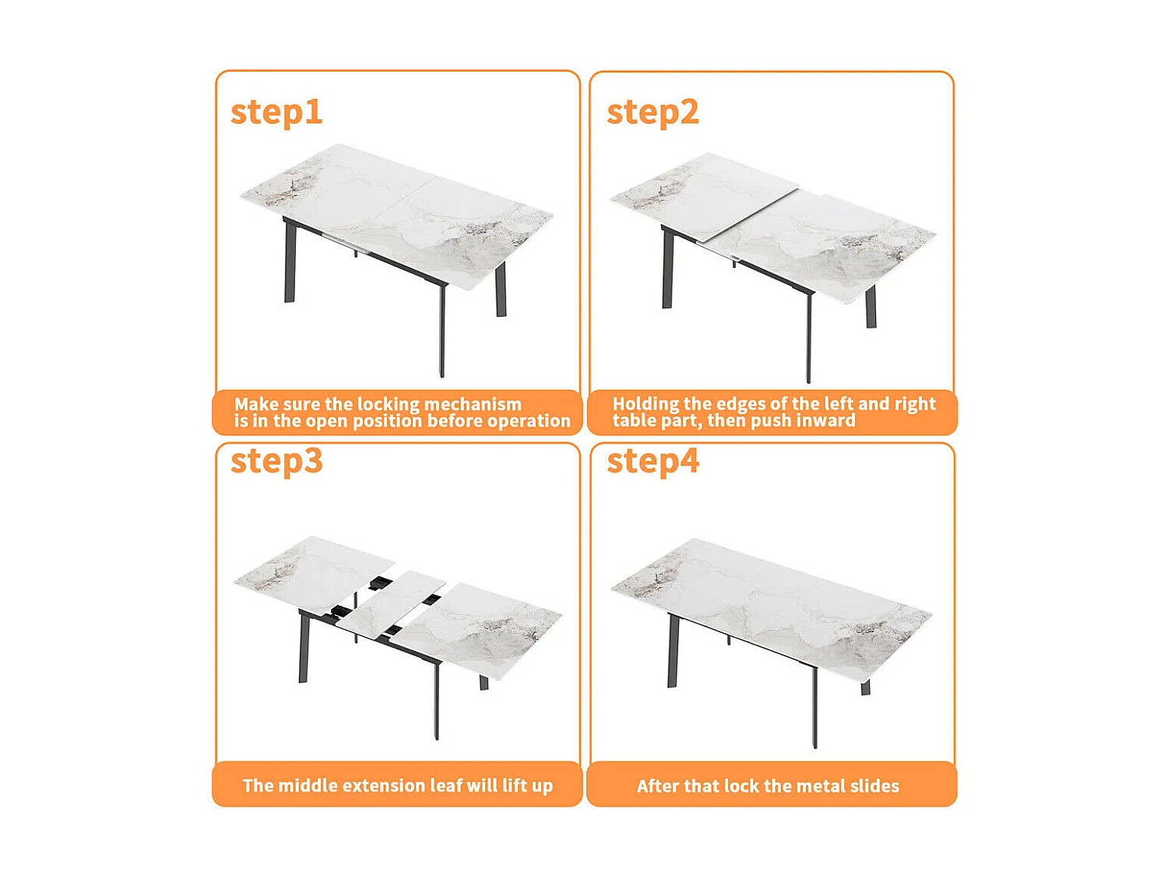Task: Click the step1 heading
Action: [276, 112]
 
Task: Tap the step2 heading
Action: [653, 112]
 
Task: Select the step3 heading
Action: [276, 461]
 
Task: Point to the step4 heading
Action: [653, 461]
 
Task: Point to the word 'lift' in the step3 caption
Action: [515, 786]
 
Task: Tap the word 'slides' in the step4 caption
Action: [874, 786]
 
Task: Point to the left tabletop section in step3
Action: [311, 572]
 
